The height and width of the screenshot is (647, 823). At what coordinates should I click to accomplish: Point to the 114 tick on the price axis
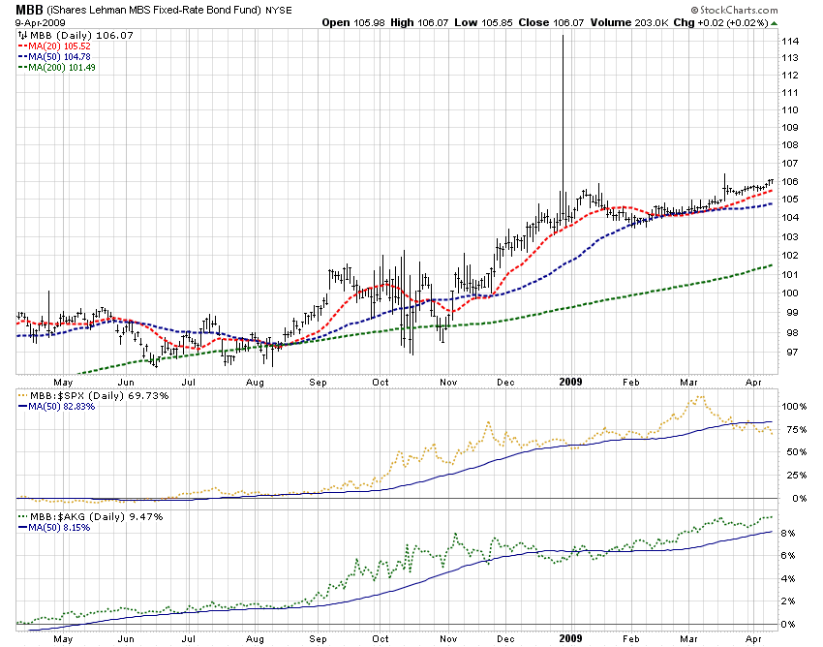[x=790, y=42]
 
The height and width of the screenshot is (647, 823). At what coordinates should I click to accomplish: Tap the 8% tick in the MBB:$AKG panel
[x=788, y=533]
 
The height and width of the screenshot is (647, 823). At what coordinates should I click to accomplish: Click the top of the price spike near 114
[x=563, y=36]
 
